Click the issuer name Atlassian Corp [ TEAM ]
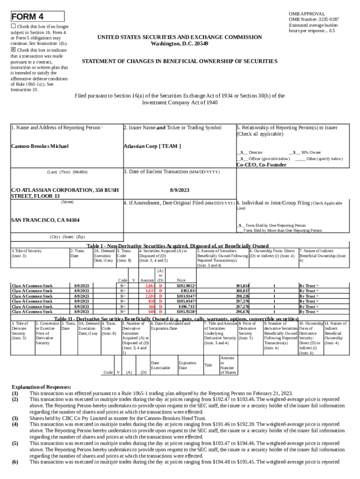point(152,146)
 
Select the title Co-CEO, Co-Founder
point(261,165)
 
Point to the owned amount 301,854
point(242,286)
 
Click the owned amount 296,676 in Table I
point(242,312)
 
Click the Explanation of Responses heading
point(42,387)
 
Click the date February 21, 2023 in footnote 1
point(271,393)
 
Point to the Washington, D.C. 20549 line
point(180,44)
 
